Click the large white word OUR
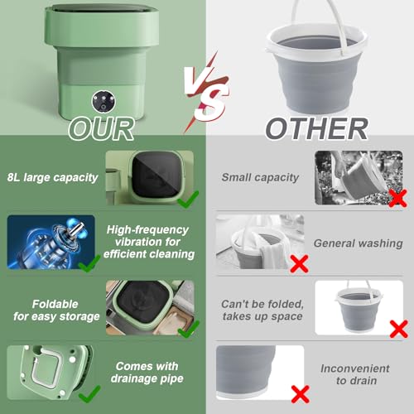coord(101,129)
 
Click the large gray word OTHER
coord(316,128)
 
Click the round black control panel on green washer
coord(103,102)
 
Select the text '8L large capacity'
coord(52,178)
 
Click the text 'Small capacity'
coord(260,178)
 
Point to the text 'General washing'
coord(359,243)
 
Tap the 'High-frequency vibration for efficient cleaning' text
coord(149,242)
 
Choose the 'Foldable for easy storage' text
coord(56,310)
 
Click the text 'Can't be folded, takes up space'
coord(262,310)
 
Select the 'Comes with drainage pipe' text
coord(147,373)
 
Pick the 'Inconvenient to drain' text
coord(355,374)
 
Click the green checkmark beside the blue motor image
coord(89,263)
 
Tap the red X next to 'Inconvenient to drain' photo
coord(300,394)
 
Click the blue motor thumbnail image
coord(51,242)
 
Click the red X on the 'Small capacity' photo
coord(397,198)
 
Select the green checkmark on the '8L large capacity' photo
coord(188,200)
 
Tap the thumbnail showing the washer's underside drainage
coord(50,373)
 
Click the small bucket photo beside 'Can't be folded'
coord(359,308)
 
